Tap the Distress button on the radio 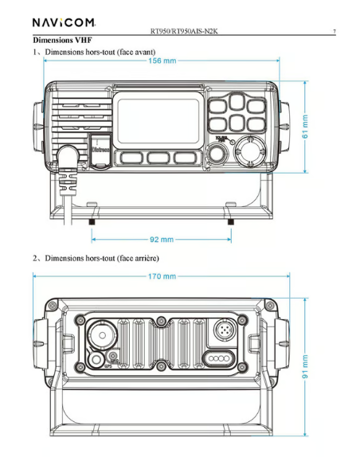[100, 147]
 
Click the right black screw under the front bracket [232, 221]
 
